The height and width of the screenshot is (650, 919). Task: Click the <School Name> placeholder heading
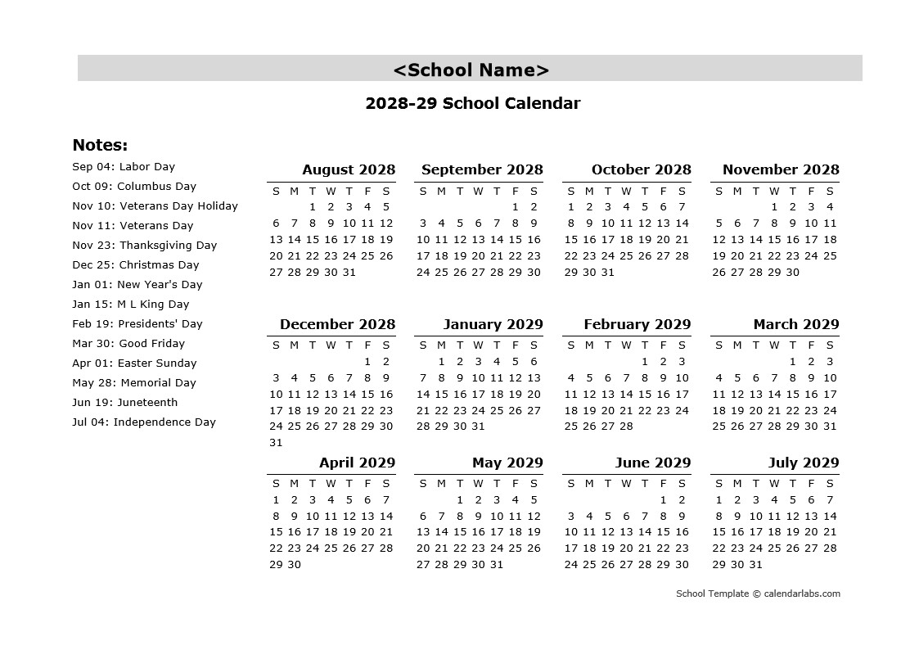tap(471, 70)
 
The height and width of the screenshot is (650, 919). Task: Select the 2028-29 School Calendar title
tap(472, 103)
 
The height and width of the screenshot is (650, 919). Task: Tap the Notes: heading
tap(100, 146)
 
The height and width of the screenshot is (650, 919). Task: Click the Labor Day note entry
tap(124, 167)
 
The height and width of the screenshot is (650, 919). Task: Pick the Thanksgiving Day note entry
tap(145, 246)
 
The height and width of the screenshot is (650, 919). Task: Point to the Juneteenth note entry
tap(125, 403)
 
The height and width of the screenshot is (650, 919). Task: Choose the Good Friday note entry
tap(128, 344)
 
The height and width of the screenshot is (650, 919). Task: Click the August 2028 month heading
tap(348, 170)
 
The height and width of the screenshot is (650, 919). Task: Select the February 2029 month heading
tap(637, 325)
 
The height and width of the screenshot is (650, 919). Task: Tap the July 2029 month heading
tap(803, 463)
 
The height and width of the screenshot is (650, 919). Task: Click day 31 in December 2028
tap(276, 443)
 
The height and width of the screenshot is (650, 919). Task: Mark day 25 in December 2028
tap(294, 427)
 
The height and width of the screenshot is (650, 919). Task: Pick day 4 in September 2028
tap(441, 223)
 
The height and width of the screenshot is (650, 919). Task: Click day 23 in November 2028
tap(793, 256)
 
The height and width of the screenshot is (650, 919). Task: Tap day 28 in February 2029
tap(626, 427)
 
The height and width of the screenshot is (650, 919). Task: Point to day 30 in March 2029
tap(811, 427)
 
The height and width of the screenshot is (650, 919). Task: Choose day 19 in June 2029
tap(607, 548)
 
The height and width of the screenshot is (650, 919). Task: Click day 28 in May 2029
tap(441, 565)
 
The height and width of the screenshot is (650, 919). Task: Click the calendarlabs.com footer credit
tap(758, 594)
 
